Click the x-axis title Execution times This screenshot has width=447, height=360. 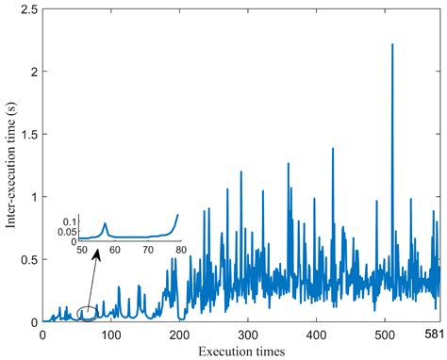tap(241, 351)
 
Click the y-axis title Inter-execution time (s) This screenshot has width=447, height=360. tap(11, 165)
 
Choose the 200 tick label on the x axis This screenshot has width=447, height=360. tap(179, 335)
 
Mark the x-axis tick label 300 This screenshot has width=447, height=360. tap(247, 335)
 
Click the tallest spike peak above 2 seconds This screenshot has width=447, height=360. tap(391, 44)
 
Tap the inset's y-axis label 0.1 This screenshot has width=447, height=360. tap(69, 221)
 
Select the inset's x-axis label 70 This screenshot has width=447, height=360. tap(147, 250)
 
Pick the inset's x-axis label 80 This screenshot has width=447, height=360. tap(178, 250)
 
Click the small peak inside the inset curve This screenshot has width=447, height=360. tap(106, 223)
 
